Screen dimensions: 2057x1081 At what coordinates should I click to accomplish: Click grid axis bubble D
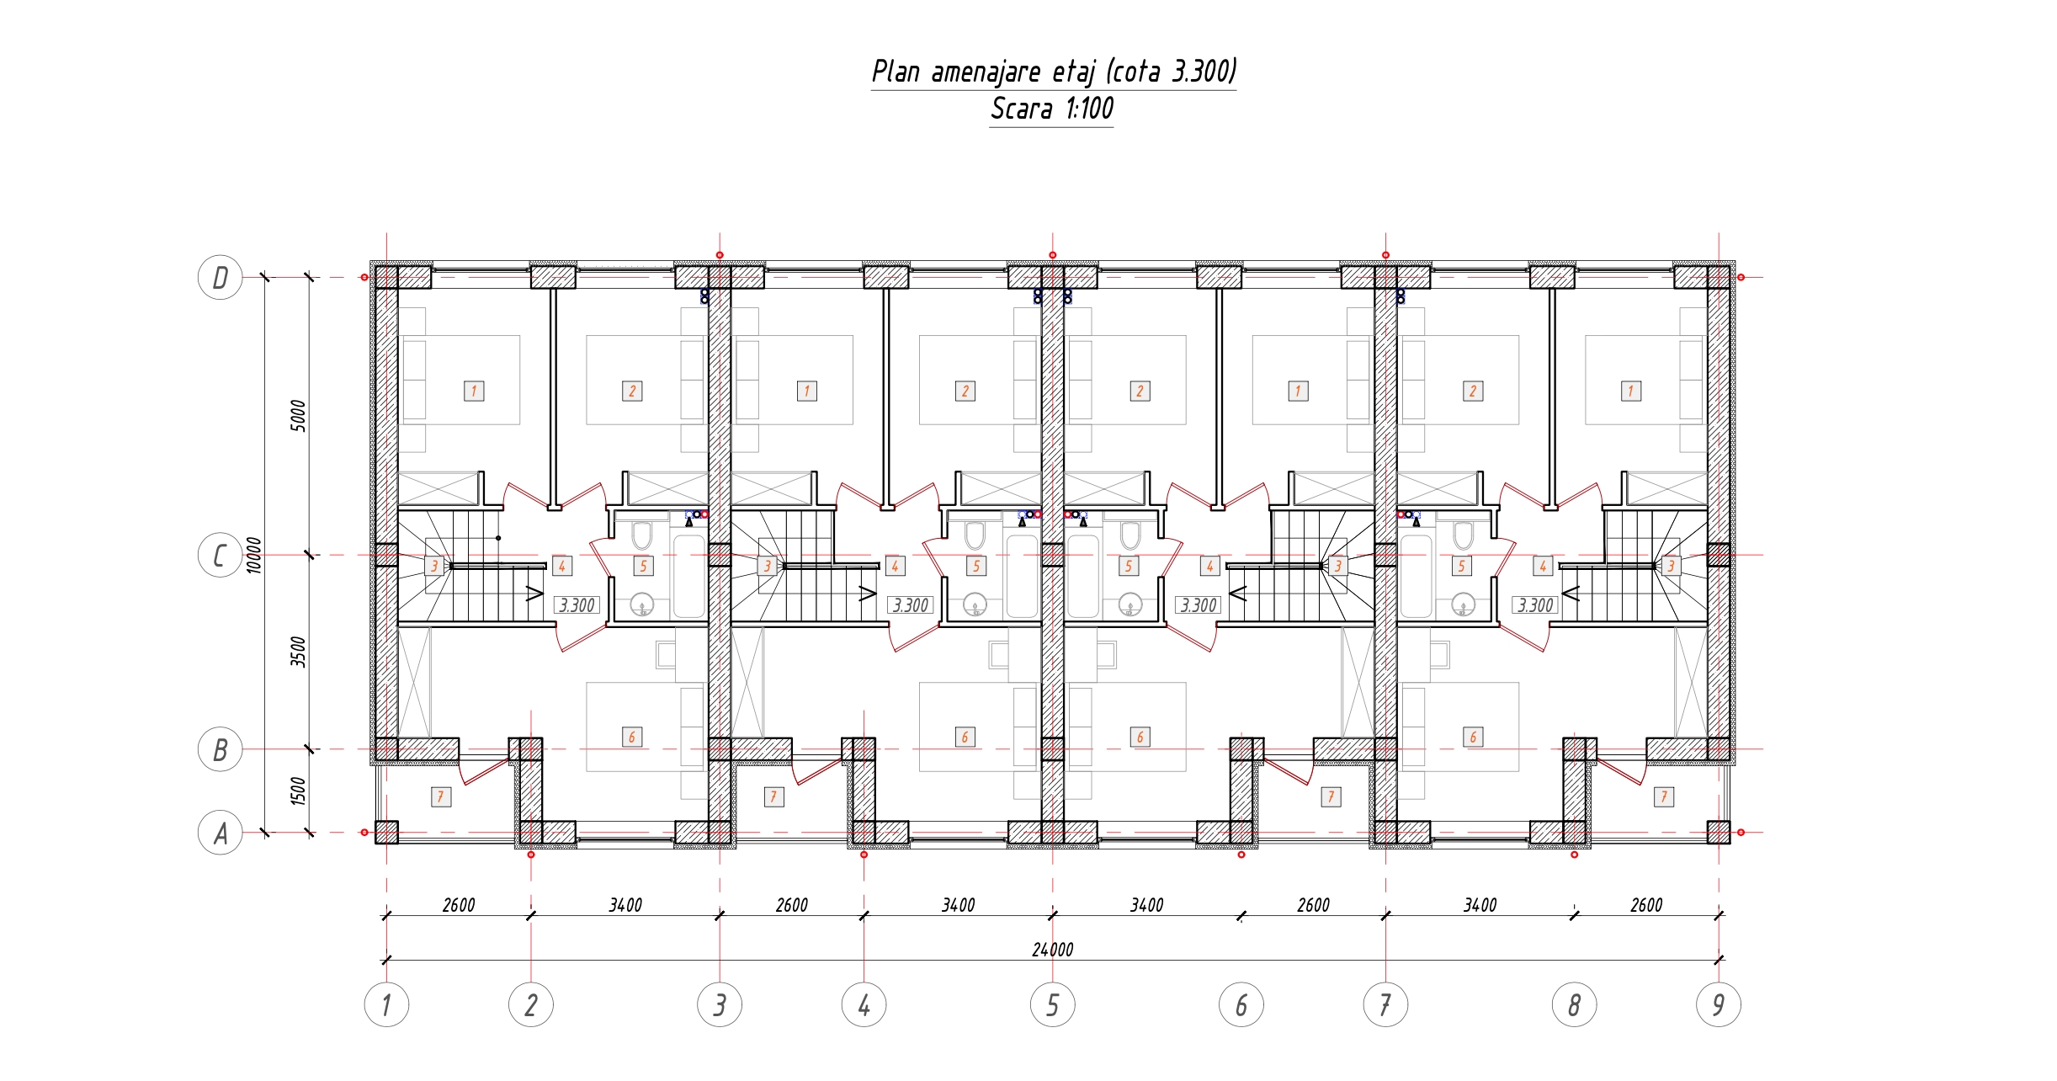220,277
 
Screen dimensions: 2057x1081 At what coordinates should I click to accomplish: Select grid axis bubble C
220,556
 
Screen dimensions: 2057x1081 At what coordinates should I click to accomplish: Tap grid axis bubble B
220,749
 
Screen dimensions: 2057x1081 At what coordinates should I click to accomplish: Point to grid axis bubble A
220,833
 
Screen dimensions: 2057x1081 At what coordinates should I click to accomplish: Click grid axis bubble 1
386,1004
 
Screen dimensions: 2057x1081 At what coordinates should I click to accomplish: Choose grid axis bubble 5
1053,1004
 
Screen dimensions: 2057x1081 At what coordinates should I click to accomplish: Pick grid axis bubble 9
1719,1004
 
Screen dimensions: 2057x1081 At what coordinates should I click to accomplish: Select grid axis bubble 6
1241,1004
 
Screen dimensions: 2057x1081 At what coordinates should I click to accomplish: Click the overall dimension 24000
1053,950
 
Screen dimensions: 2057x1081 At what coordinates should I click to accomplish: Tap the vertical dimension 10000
254,556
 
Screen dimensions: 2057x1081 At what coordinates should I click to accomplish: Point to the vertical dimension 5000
298,416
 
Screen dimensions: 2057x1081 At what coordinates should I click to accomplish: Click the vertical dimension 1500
298,791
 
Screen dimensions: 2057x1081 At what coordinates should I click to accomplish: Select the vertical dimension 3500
298,652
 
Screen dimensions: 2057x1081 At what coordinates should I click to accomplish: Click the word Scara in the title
1022,109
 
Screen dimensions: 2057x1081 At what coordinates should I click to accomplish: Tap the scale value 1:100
1090,109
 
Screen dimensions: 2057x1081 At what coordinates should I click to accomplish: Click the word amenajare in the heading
986,72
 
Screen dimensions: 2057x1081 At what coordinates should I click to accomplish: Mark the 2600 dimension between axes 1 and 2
459,905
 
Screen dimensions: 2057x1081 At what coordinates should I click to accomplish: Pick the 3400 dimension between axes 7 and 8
1480,905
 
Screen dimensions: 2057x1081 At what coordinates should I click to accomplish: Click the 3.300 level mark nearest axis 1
577,605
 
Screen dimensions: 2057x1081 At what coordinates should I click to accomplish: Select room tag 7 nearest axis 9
1664,796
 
